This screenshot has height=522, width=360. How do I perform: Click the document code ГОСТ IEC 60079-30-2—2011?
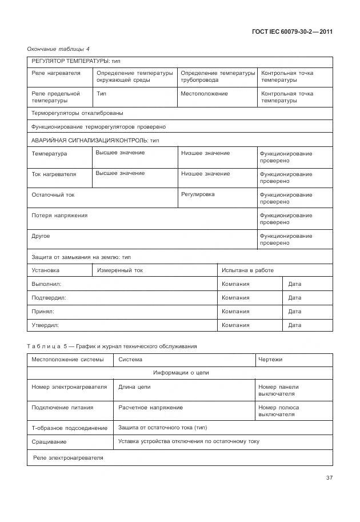click(292, 31)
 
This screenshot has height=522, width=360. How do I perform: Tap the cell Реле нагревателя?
click(56, 73)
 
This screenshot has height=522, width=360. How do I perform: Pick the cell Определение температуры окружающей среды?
click(134, 77)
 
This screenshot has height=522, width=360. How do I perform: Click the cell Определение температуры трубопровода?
click(218, 77)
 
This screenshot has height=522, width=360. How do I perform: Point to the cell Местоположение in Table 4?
click(204, 94)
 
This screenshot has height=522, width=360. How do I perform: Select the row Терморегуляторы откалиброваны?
click(77, 113)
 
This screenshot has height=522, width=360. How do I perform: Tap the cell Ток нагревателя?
click(54, 174)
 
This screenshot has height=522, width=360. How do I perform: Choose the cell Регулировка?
click(198, 194)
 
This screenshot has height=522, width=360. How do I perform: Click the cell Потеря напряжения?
click(59, 216)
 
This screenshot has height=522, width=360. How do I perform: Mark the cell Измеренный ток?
click(120, 270)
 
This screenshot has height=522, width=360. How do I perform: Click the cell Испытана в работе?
click(247, 270)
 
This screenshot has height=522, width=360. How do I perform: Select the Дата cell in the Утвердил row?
click(295, 325)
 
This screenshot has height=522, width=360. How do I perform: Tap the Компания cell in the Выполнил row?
click(235, 284)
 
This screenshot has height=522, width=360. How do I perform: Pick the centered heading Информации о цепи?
click(179, 373)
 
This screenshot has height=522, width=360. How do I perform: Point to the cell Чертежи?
click(270, 360)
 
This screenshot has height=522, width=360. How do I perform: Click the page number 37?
click(329, 478)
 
